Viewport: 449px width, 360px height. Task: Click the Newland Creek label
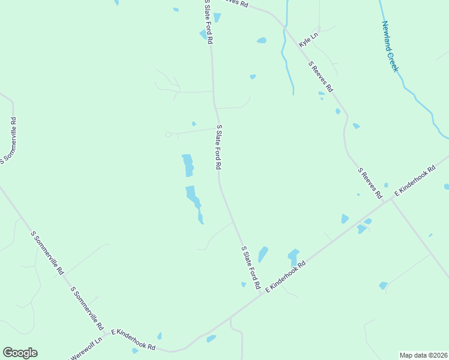coord(390,47)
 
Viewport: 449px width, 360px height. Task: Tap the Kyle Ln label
coord(309,40)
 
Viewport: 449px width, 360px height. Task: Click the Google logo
coord(20,353)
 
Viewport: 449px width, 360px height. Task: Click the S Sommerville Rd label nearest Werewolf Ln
coord(87,308)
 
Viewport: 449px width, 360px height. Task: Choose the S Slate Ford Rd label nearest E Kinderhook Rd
coord(250,266)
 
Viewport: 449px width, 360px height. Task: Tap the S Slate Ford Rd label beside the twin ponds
coord(219,147)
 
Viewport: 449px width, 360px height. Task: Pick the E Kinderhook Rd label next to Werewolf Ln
coord(133,340)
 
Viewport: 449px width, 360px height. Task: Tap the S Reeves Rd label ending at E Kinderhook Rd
coord(370,183)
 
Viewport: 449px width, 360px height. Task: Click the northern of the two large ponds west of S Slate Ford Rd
coord(188,166)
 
